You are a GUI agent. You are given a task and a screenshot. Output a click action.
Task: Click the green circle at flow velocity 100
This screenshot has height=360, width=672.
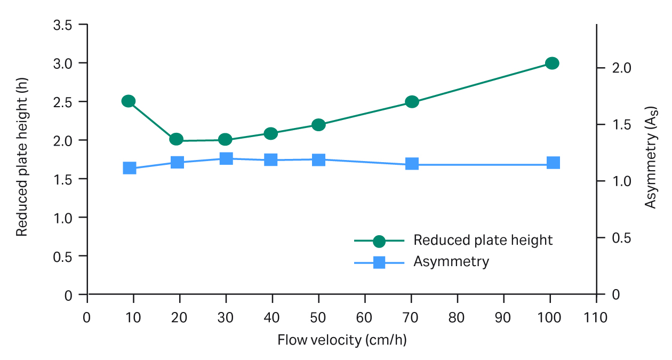(552, 63)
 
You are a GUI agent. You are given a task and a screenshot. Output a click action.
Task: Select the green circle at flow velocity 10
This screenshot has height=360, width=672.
(128, 101)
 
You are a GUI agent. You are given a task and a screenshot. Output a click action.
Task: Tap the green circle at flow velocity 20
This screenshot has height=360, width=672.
(177, 139)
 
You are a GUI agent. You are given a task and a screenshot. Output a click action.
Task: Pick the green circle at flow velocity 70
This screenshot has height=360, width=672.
(412, 101)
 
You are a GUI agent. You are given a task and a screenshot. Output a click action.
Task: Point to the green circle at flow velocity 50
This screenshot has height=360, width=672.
(318, 125)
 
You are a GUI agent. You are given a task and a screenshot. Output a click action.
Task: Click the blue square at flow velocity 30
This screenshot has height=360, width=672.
(226, 158)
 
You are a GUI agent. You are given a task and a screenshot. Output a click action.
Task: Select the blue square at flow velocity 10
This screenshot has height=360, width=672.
(129, 168)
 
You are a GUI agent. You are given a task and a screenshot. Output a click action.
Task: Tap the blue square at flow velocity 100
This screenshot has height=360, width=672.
(553, 163)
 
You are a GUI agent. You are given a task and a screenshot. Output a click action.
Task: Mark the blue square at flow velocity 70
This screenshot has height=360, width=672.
(412, 164)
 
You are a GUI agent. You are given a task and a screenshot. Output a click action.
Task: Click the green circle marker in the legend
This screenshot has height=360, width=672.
(379, 241)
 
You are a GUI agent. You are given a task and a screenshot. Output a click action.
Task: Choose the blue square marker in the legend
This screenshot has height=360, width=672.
(379, 262)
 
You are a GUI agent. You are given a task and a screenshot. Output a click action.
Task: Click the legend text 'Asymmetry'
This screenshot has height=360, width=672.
(451, 262)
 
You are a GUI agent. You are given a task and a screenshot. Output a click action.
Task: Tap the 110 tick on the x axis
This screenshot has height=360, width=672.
(596, 317)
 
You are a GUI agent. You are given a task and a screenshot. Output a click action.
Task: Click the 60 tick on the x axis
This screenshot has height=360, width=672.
(365, 317)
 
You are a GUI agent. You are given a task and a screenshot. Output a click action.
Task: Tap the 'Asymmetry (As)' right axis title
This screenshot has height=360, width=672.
(651, 158)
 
